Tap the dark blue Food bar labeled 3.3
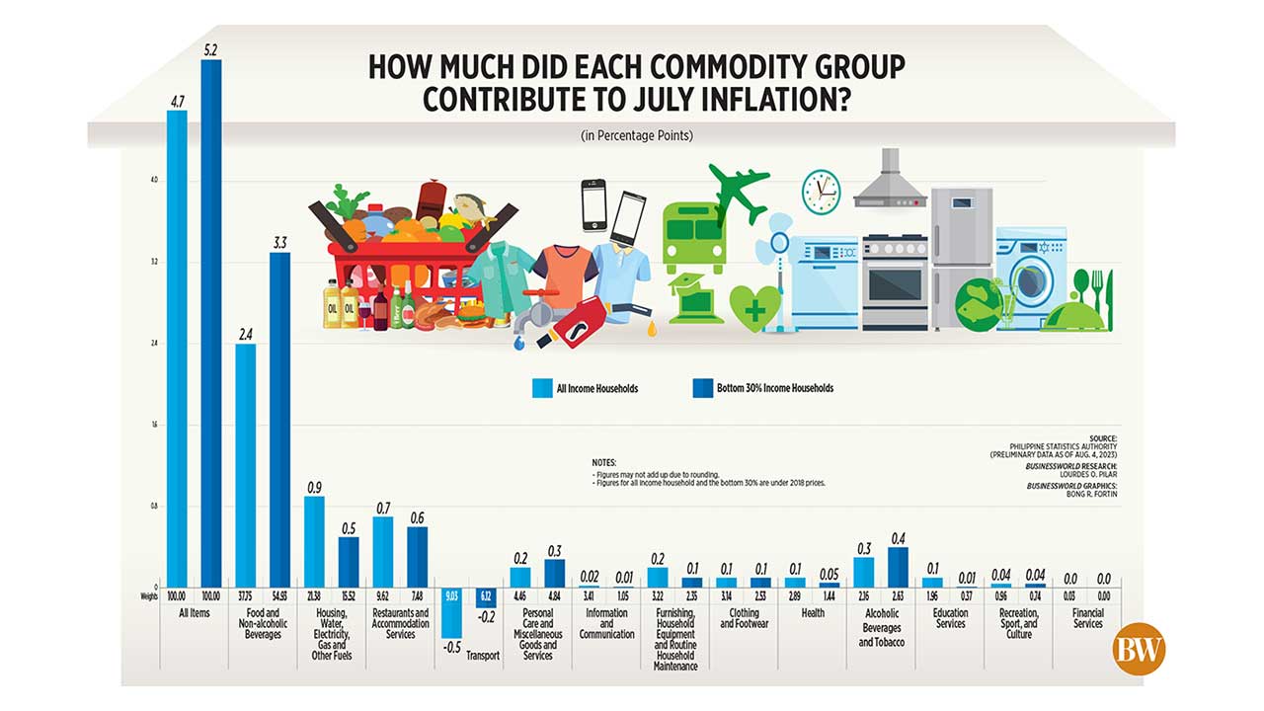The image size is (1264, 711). click(x=279, y=419)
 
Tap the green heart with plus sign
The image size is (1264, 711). click(x=753, y=308)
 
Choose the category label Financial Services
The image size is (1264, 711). click(x=1087, y=618)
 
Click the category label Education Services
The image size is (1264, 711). click(x=950, y=618)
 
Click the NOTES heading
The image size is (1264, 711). click(x=603, y=462)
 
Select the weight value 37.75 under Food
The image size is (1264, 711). click(x=245, y=596)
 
